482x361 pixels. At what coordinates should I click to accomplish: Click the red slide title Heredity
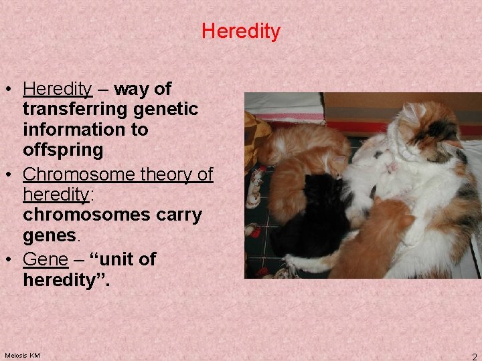(x=241, y=31)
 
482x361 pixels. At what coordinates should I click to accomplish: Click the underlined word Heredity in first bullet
(x=57, y=89)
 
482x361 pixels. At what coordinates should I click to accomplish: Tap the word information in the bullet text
(x=85, y=129)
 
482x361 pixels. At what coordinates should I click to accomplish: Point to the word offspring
(x=63, y=150)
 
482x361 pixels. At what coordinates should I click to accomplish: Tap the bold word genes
(x=50, y=235)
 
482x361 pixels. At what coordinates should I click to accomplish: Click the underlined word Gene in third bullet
(x=45, y=259)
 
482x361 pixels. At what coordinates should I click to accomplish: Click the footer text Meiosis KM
(x=22, y=355)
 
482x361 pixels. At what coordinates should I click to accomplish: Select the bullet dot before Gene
(x=11, y=259)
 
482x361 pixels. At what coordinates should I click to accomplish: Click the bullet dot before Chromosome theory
(x=11, y=174)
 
